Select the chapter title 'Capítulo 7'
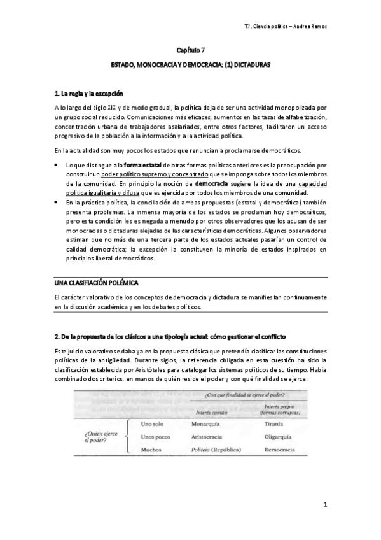tap(190, 50)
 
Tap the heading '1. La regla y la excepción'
tap(88, 94)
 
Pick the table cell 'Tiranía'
tap(274, 423)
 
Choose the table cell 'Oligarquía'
tap(278, 437)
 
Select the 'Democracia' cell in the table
tap(279, 451)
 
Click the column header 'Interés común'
tap(210, 411)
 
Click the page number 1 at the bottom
tap(324, 506)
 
